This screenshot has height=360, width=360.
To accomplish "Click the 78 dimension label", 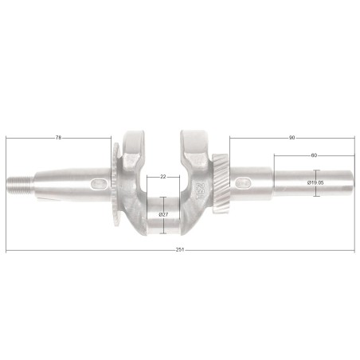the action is click(58, 138).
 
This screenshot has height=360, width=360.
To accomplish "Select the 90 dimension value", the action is click(292, 138).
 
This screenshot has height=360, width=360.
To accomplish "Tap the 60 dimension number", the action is click(314, 155).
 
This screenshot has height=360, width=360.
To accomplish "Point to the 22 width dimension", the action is click(163, 177).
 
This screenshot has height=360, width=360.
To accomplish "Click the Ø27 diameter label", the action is click(163, 215).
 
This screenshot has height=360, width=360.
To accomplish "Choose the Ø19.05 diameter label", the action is click(315, 182).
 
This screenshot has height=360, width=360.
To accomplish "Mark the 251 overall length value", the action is click(180, 250).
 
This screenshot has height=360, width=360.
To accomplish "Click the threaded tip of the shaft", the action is click(20, 184).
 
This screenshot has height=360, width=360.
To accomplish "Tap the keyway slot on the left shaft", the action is click(100, 184).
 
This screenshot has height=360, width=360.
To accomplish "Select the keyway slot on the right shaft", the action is click(244, 183).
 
